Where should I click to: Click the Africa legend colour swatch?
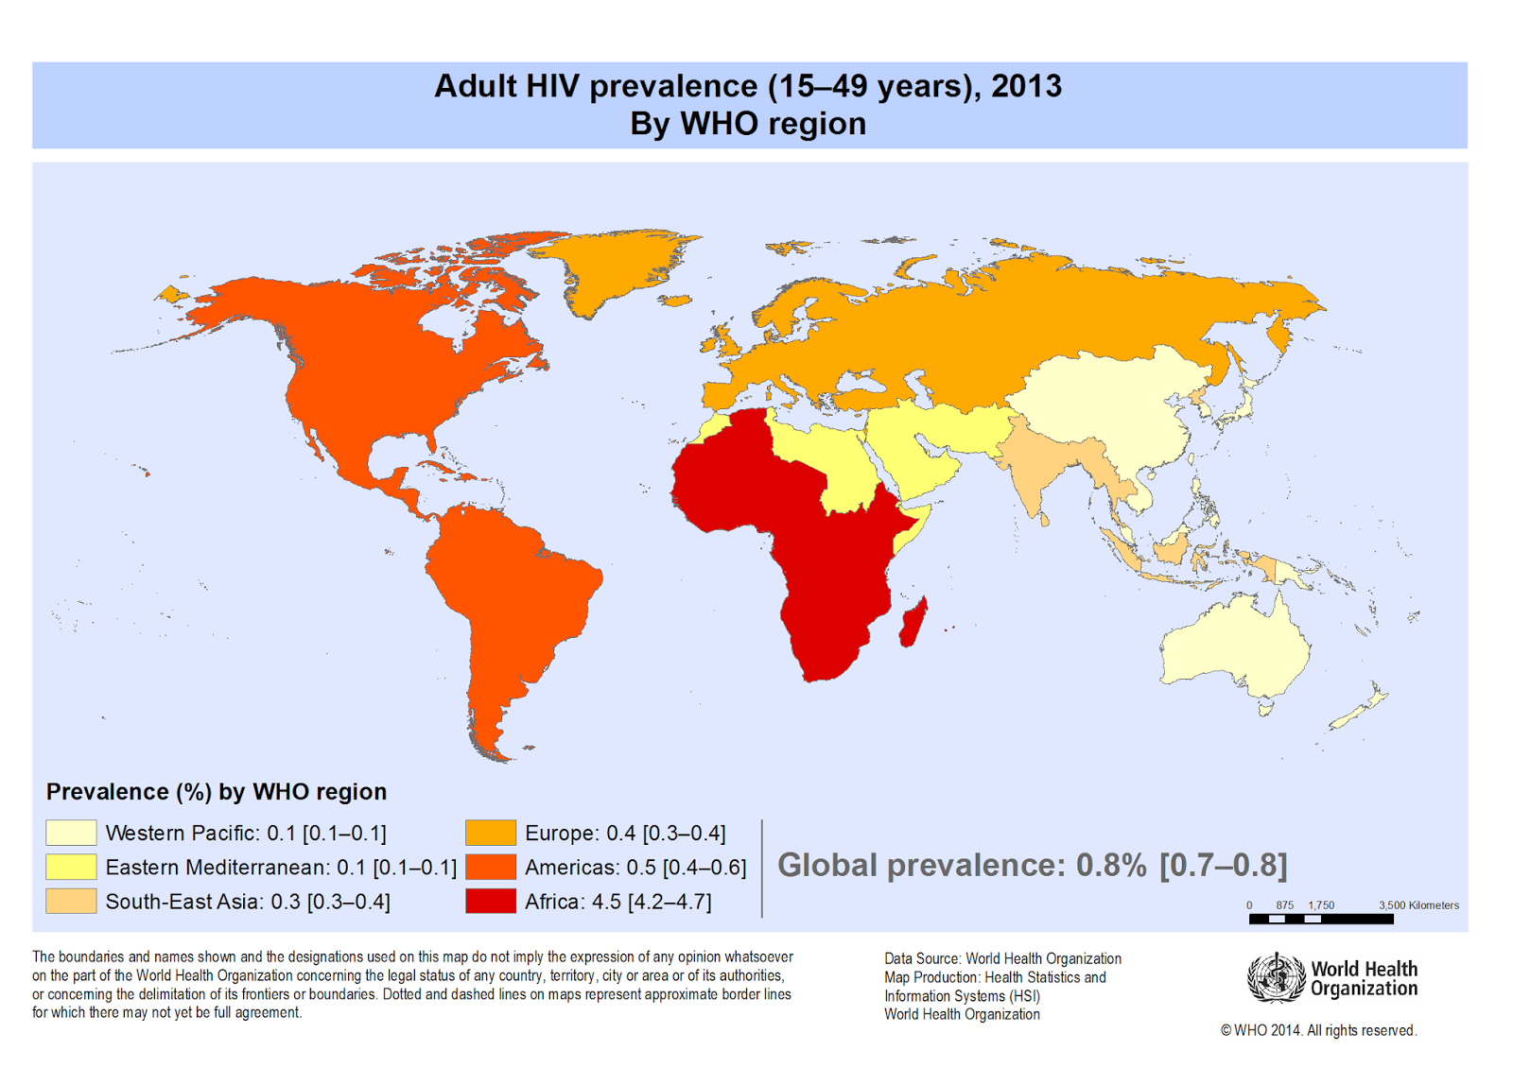pos(490,901)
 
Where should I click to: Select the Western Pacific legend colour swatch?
pos(71,833)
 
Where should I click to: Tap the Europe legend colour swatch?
pos(490,833)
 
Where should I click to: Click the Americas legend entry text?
pos(635,867)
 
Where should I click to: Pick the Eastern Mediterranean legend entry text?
pos(281,867)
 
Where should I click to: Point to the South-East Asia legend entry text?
pos(247,901)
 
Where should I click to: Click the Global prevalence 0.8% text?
pos(1032,865)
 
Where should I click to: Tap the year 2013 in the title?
pos(1026,86)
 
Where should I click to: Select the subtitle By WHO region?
pos(748,124)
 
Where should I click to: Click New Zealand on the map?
pos(1362,709)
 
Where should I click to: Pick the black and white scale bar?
pos(1320,919)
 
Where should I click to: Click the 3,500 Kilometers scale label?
pos(1417,904)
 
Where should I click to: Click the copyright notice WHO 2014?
pos(1318,1030)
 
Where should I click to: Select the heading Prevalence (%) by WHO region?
pos(217,792)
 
